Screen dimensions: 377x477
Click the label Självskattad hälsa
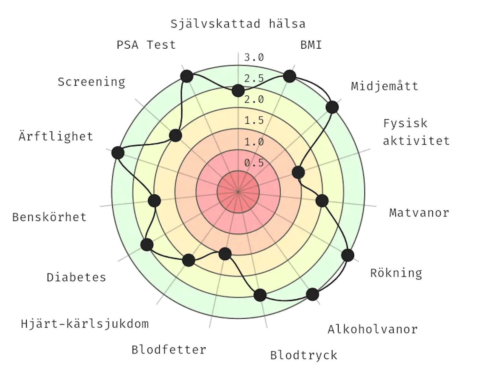click(238, 24)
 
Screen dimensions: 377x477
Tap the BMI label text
click(311, 44)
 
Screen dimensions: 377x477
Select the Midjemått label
click(385, 86)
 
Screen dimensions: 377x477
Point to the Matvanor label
click(419, 212)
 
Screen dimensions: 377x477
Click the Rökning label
click(396, 273)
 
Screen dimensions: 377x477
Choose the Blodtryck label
click(304, 355)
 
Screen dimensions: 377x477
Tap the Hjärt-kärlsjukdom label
click(85, 323)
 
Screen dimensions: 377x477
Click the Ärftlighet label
click(56, 136)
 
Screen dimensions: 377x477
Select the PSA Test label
click(146, 44)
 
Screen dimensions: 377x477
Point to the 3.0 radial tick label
click(254, 58)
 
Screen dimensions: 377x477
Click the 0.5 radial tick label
click(254, 163)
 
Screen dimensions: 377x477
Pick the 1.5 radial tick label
click(254, 121)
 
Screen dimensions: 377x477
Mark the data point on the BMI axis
click(289, 76)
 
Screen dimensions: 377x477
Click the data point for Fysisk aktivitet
click(298, 172)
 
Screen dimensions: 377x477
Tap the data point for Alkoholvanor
click(312, 294)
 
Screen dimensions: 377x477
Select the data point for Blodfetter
click(225, 254)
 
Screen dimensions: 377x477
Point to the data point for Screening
click(175, 135)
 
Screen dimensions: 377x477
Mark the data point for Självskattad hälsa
click(238, 91)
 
